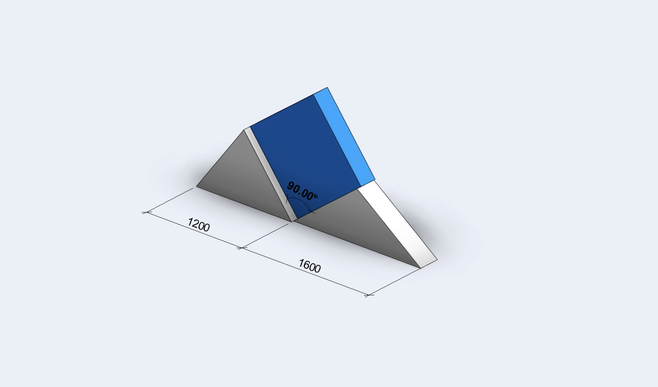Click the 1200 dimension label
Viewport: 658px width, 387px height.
199,225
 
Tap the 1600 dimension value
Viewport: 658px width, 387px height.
310,266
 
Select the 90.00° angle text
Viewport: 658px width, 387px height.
302,191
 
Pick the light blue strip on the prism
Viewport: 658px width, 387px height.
344,136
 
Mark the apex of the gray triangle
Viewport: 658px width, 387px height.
244,130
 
